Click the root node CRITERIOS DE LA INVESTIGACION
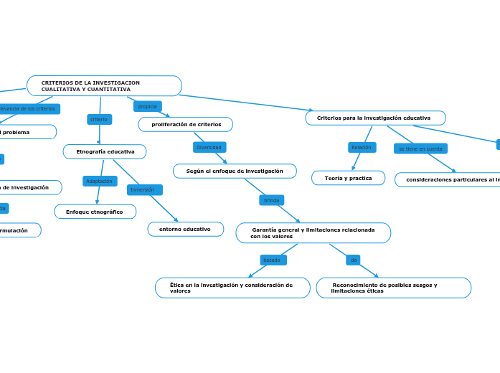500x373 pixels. [104, 86]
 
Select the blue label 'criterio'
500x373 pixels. [99, 119]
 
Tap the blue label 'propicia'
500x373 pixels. [147, 106]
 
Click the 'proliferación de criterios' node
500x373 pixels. [186, 125]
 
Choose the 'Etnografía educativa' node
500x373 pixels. [105, 151]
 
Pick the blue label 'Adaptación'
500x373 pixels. [100, 181]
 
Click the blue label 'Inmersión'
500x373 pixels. [144, 190]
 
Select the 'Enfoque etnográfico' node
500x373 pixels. [95, 212]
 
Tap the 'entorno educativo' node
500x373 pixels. [186, 229]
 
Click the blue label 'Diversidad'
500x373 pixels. [209, 147]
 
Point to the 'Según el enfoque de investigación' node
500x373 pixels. [235, 171]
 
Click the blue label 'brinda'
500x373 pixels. [271, 200]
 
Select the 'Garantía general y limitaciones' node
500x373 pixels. [313, 232]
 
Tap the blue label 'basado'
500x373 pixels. [273, 260]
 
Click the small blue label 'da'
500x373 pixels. [353, 260]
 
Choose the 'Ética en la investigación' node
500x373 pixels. [232, 288]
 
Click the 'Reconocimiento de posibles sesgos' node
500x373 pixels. [393, 288]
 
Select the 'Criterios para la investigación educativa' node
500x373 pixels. [375, 118]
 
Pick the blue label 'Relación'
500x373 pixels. [362, 147]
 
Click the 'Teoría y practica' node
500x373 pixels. [348, 178]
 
